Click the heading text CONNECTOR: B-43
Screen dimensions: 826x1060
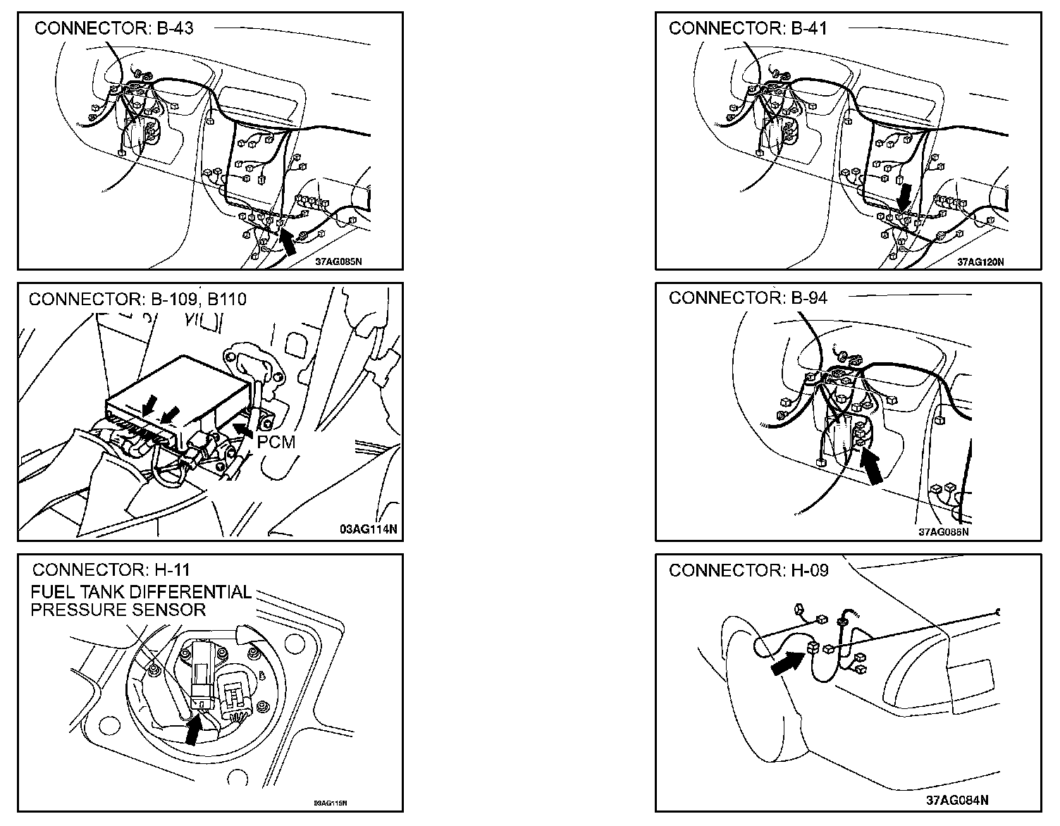(x=114, y=28)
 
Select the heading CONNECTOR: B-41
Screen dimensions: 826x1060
(x=748, y=28)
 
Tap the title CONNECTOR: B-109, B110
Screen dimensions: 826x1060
(x=137, y=299)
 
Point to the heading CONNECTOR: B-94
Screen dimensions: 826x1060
(x=748, y=297)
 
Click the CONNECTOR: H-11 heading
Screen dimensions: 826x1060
(x=111, y=569)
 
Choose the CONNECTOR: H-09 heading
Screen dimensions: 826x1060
(x=748, y=569)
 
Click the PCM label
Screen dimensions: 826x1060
(x=276, y=442)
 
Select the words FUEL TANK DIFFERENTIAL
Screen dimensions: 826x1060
(x=141, y=592)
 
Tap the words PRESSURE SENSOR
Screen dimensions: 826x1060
(x=118, y=610)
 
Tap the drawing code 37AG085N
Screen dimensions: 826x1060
(x=339, y=261)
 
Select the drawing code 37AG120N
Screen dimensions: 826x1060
(x=980, y=261)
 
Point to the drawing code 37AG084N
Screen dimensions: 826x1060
(x=956, y=800)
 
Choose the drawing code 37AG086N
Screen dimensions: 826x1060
(x=943, y=532)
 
